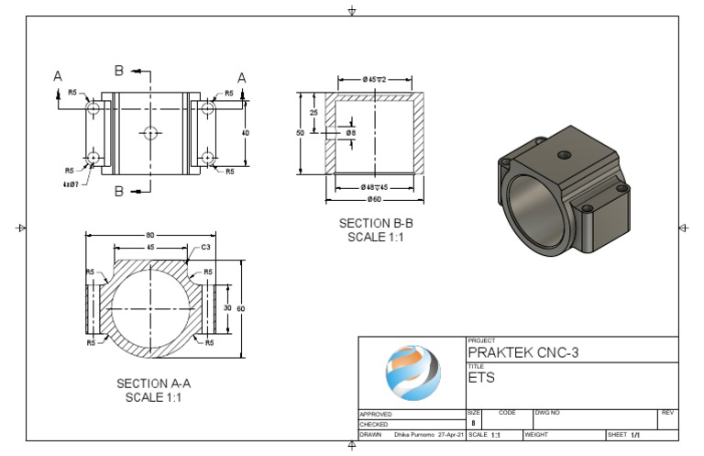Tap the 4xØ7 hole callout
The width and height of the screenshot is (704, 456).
click(x=70, y=183)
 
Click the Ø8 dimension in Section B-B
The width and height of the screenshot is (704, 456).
click(x=351, y=133)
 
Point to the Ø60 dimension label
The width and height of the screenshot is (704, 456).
click(x=375, y=199)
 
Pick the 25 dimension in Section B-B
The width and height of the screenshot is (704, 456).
click(x=314, y=112)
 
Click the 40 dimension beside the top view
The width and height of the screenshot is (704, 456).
click(x=245, y=132)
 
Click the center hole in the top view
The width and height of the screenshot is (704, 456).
click(x=151, y=132)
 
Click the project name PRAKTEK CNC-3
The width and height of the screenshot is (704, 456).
click(x=523, y=352)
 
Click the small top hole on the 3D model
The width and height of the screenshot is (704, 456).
click(x=565, y=154)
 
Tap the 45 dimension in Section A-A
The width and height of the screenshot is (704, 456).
click(x=150, y=247)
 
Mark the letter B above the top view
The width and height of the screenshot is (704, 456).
click(x=118, y=71)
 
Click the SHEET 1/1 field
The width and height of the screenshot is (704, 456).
click(x=623, y=435)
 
